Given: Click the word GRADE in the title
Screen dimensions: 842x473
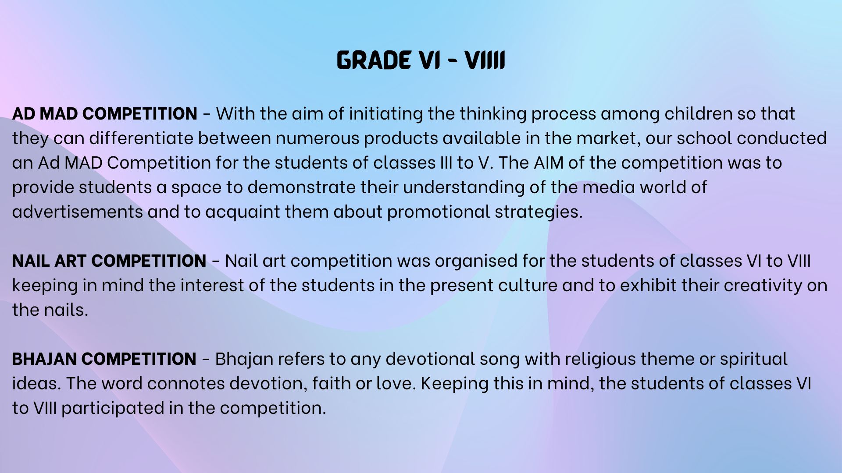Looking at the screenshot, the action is [x=374, y=60].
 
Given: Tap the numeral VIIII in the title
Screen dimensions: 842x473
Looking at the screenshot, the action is [x=485, y=60].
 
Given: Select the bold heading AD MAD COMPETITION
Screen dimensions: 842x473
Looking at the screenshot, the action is [x=104, y=113].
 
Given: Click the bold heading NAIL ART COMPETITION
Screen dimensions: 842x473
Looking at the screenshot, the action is [x=109, y=261].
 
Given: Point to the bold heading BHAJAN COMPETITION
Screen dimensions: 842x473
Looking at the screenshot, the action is [x=104, y=359].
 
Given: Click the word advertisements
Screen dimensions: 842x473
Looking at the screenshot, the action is [x=78, y=212].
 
